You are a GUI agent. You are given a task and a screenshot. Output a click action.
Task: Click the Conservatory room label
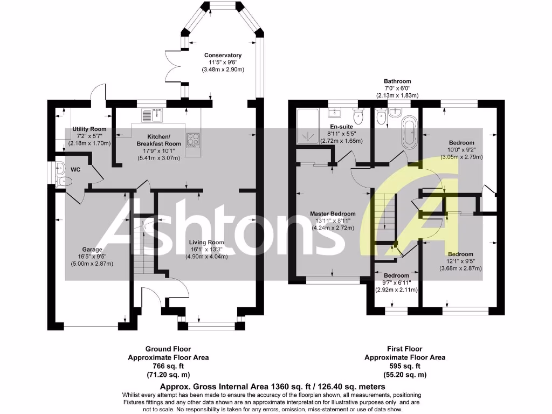[223, 56]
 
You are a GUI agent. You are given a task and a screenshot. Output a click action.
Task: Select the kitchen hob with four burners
[192, 140]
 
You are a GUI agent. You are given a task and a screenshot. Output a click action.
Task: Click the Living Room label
[207, 243]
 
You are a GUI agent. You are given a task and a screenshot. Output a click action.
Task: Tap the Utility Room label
[89, 129]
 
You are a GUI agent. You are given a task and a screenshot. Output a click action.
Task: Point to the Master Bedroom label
[333, 214]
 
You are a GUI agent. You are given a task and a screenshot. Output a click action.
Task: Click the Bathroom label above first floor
[397, 81]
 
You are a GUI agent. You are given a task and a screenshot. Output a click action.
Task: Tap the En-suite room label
[342, 127]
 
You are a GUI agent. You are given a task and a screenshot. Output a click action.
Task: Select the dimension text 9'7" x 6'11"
[397, 282]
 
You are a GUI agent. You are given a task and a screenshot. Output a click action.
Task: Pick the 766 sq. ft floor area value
[168, 366]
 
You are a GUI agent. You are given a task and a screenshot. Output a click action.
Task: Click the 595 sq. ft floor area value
[405, 366]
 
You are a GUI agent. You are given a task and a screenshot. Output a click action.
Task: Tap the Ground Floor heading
[168, 349]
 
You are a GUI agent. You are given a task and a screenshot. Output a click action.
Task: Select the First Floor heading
[405, 349]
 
